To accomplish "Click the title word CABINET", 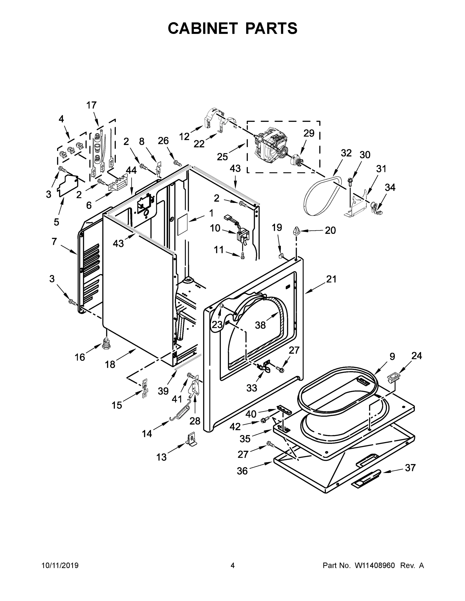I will (x=203, y=28).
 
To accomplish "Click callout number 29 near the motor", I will (x=309, y=133).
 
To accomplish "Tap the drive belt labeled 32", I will (x=321, y=195).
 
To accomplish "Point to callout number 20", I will (x=330, y=230).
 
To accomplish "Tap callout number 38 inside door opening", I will (x=260, y=325).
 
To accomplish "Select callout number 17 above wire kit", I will (x=91, y=105).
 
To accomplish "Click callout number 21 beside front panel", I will (x=331, y=279).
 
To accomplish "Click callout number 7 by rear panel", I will (x=54, y=241).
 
